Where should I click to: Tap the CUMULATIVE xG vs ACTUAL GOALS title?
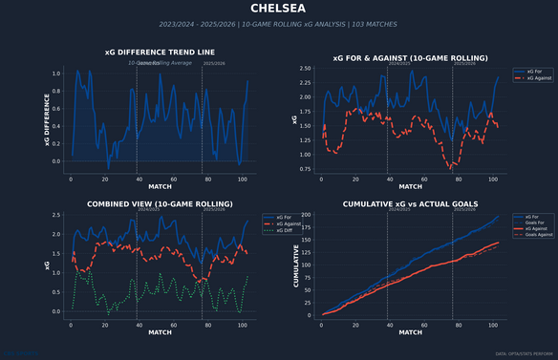[x=410, y=203]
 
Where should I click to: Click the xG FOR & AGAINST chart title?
[x=410, y=58]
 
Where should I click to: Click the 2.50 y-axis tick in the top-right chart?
[x=305, y=69]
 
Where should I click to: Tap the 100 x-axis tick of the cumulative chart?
[x=492, y=326]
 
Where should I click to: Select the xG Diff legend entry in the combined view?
[x=285, y=230]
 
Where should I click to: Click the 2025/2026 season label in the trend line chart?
[x=214, y=64]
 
